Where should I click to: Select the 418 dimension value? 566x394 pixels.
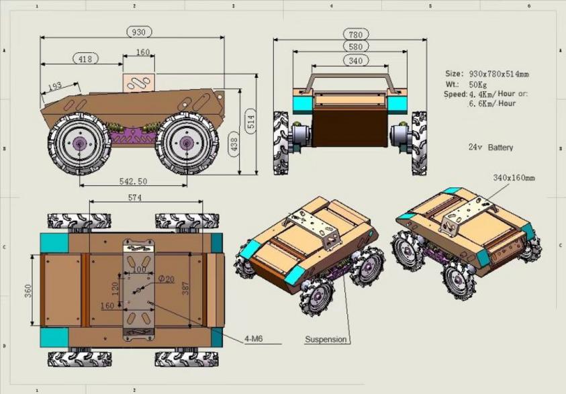point(85,59)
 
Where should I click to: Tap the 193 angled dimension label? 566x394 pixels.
point(54,86)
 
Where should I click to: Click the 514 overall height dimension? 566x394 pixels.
point(250,119)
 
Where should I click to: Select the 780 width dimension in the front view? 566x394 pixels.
point(355,34)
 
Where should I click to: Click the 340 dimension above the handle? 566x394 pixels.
point(355,60)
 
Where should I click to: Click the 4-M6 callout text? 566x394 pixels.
point(253,339)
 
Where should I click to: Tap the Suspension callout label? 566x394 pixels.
point(326,340)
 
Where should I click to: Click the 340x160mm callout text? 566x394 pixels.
point(514,178)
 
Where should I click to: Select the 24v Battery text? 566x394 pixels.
point(490,147)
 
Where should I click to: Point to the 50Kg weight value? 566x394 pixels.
point(478,85)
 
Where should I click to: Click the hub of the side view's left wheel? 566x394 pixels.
point(80,143)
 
